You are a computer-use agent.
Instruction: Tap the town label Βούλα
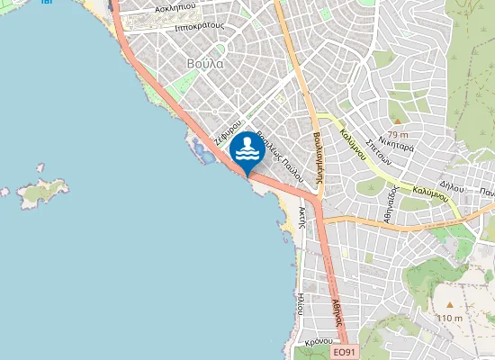(205, 65)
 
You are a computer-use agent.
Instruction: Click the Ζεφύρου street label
(228, 131)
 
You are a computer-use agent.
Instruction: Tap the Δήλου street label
(452, 186)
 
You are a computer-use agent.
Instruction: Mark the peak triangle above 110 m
(448, 305)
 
